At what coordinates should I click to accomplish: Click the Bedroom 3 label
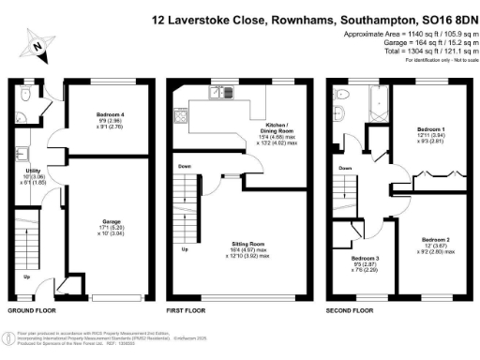coord(366,258)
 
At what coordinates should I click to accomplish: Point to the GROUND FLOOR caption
coord(30,309)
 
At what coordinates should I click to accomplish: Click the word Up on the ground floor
coord(25,277)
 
